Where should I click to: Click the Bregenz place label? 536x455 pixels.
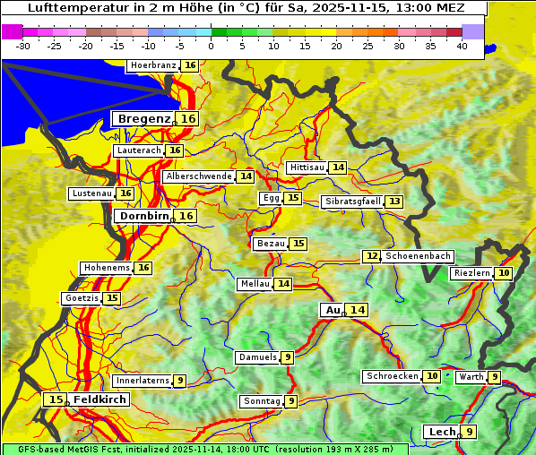pos(142,119)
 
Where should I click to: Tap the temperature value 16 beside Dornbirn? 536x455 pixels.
pos(186,216)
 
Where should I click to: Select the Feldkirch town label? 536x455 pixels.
pos(99,399)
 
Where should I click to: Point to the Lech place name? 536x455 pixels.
pos(442,432)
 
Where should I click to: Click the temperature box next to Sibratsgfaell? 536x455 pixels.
pos(394,202)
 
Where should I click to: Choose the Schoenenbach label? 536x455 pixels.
pos(418,256)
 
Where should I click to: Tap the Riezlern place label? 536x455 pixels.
pos(471,273)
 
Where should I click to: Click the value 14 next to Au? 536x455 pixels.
pos(358,310)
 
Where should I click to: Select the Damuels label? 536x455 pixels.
pos(257,357)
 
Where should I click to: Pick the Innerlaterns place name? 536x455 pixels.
pos(143,381)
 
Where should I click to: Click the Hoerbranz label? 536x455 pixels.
pos(153,65)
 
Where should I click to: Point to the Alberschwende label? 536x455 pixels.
pos(199,176)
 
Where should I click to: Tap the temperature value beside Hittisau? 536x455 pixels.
pos(338,167)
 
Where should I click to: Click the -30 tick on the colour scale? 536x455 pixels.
pos(23,46)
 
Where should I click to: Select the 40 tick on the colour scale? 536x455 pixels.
pos(462,46)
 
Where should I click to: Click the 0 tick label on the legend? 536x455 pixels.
pos(212,46)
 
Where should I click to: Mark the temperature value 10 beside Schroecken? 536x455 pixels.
pos(432,376)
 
